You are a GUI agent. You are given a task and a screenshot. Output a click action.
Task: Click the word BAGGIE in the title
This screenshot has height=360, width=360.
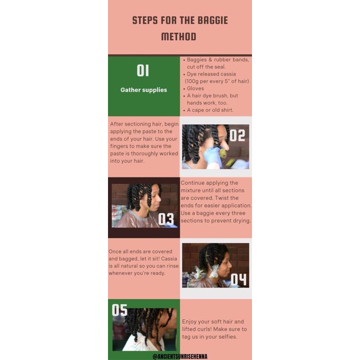(212, 20)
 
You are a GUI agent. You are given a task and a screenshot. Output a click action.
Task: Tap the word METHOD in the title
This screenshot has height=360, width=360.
(179, 37)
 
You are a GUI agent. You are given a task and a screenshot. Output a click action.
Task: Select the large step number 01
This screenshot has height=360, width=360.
(143, 70)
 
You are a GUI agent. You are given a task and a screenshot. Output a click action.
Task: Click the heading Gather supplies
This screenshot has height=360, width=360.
(144, 90)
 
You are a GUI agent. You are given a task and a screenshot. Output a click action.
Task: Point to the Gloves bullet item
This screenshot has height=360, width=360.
(195, 88)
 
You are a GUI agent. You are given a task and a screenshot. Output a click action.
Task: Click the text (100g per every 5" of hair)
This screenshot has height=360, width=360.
(217, 81)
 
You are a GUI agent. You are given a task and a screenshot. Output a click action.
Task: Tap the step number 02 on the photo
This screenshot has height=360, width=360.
(237, 135)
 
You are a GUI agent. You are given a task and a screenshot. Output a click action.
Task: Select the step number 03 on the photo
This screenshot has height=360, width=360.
(166, 219)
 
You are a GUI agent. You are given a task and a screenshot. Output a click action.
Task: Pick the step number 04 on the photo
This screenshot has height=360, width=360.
(238, 279)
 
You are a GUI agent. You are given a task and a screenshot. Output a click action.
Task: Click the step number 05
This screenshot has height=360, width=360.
(120, 310)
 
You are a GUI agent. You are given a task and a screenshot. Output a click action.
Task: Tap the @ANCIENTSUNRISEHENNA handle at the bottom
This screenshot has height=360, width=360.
(180, 356)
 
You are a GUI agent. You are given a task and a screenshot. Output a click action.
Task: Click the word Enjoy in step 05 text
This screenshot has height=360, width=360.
(189, 322)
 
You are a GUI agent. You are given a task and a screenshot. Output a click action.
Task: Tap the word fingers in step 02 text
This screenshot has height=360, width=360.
(117, 146)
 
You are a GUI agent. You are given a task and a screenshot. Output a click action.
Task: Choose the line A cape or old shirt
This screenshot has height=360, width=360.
(210, 110)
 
